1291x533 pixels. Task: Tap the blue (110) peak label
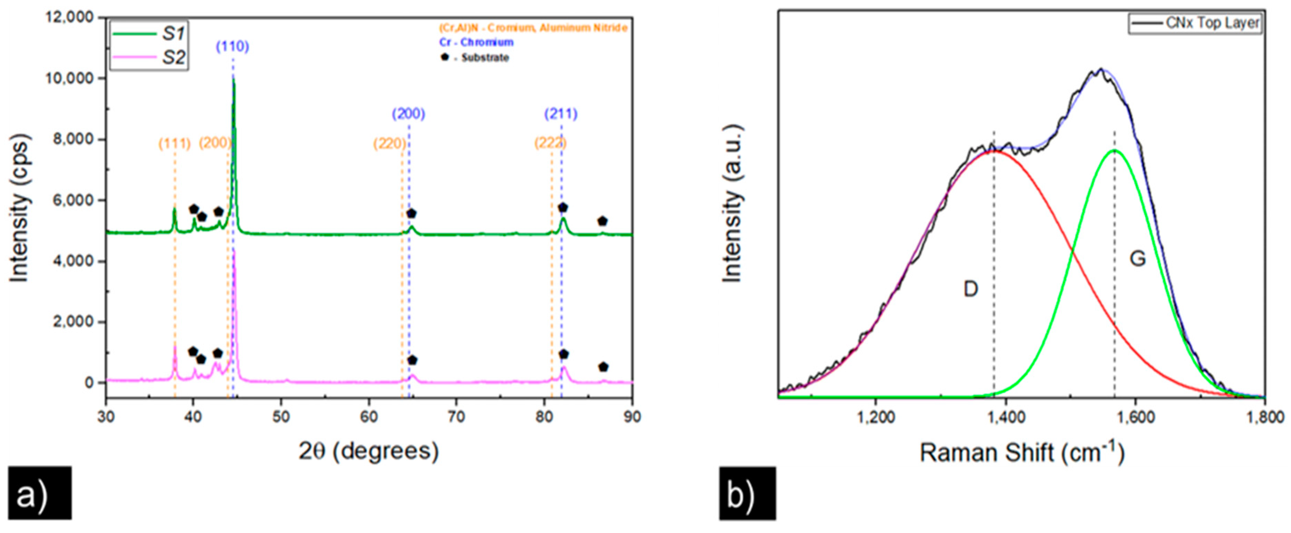(x=232, y=47)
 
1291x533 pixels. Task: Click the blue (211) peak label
(x=561, y=114)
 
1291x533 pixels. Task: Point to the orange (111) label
(x=174, y=144)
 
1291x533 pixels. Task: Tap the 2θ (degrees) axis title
(x=368, y=451)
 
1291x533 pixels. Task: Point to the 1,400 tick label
(x=1005, y=417)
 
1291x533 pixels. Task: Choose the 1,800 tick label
(x=1264, y=417)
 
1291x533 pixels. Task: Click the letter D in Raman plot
(x=971, y=289)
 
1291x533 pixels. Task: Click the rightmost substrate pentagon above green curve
(x=602, y=221)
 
